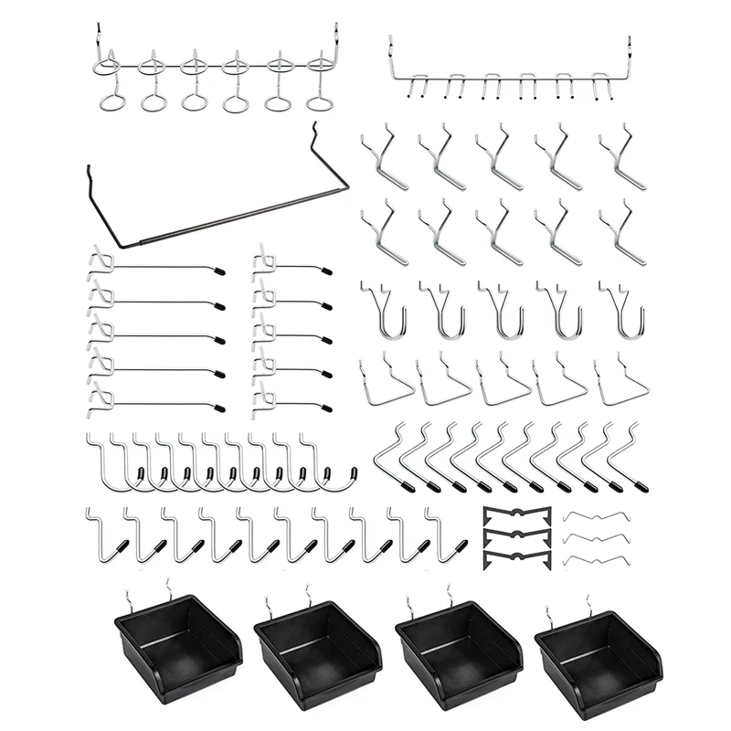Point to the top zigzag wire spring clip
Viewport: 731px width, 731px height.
click(594, 517)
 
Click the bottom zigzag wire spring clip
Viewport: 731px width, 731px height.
click(594, 559)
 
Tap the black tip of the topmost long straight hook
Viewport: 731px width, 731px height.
click(218, 270)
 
